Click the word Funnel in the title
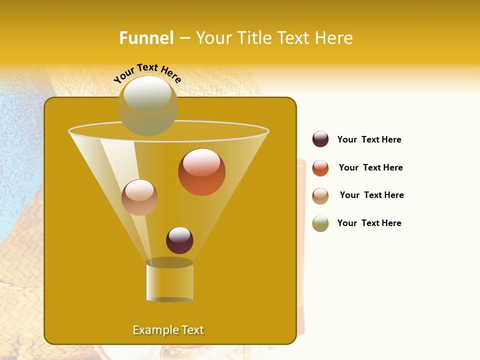point(146,38)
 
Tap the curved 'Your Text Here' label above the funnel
point(147,73)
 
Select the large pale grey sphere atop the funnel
point(148,105)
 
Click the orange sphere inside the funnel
point(201,172)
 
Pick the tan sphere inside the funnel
point(139,197)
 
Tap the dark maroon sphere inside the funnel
point(179,240)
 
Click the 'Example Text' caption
point(168,330)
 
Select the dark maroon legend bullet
point(320,139)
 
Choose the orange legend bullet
point(320,168)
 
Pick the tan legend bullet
point(320,196)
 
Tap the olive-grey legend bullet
point(320,223)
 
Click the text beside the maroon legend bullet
point(369,139)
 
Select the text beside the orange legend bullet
point(370,167)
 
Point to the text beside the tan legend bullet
point(371,195)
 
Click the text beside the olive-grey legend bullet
point(369,223)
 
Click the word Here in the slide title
point(334,38)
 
